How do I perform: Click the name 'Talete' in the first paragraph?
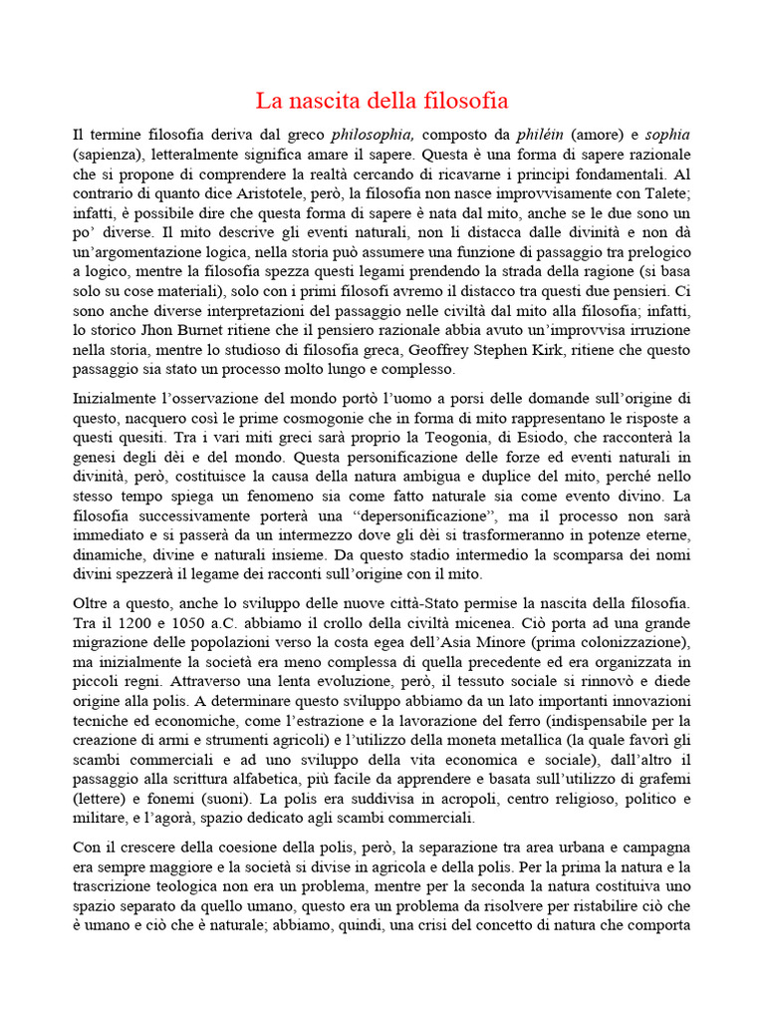coord(659,192)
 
